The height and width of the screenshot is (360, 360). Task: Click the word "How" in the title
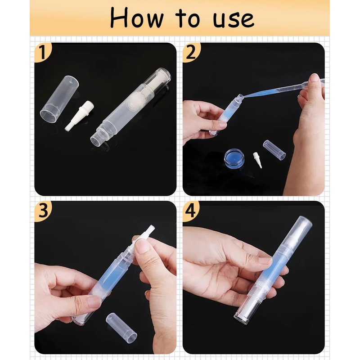pos(137,18)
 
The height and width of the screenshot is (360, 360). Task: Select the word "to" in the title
pos(188,19)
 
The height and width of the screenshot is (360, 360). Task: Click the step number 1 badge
pos(43,53)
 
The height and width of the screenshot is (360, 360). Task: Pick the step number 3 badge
pos(43,211)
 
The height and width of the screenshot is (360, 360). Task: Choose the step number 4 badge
pos(191,211)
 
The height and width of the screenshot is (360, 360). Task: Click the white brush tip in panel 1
pos(80,116)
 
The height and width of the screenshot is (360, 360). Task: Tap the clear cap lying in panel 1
pos(59,99)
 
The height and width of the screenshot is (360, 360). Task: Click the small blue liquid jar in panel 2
pos(234,158)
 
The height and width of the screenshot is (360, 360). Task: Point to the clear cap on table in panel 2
pos(274,150)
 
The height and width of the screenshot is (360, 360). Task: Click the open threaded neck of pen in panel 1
pos(100,135)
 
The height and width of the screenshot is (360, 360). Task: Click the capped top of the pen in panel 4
pos(297,232)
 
